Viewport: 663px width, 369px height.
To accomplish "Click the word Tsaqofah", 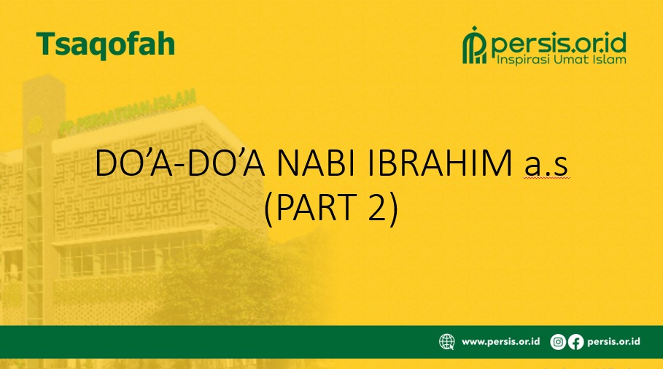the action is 105,44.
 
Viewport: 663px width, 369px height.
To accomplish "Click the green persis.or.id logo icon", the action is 475,45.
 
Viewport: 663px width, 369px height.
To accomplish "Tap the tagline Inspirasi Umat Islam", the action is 561,60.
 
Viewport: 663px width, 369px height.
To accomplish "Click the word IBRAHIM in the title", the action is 440,163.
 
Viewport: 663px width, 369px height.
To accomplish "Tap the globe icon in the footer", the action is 446,341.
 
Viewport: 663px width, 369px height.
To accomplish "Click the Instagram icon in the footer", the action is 558,341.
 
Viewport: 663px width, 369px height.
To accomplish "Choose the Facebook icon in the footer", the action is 575,341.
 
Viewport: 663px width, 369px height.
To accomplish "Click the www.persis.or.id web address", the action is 500,341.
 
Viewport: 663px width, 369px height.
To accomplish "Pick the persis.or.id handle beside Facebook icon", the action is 613,341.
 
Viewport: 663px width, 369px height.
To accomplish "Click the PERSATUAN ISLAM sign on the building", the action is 127,112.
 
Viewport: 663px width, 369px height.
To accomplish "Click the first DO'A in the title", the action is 134,163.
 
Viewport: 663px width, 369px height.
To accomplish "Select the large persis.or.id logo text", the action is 559,42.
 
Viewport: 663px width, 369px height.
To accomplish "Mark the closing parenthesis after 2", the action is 393,208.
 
